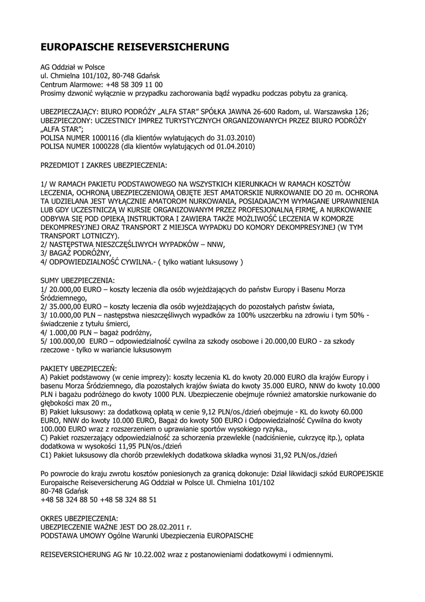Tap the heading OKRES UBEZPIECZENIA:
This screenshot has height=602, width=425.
(79, 519)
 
